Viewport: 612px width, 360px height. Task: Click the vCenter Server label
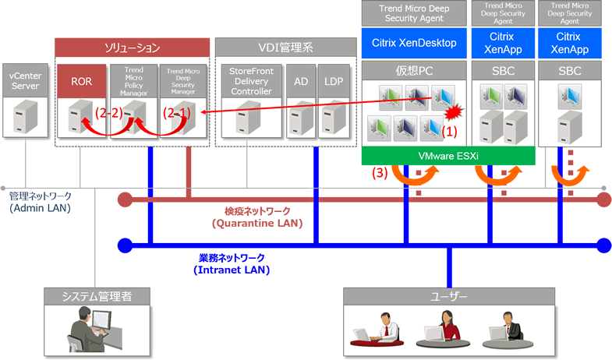pos(25,81)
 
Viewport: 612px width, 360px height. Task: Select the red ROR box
pos(82,81)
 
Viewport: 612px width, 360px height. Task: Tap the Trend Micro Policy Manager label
pos(133,81)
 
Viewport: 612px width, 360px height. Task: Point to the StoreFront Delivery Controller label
pos(251,81)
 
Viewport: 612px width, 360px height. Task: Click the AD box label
pos(301,81)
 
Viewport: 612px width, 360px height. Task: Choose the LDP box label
pos(334,81)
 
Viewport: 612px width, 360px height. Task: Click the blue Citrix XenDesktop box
pos(414,43)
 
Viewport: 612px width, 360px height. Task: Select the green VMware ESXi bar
pos(448,156)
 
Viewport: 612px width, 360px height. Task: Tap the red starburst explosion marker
pos(454,112)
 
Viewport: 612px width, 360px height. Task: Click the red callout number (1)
pos(449,132)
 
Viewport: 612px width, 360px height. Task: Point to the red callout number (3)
pos(380,172)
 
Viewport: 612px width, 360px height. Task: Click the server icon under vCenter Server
pos(26,116)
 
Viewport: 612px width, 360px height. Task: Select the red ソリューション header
pos(132,48)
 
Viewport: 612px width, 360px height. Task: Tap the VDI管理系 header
pos(285,48)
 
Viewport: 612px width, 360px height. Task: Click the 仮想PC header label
pos(414,71)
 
